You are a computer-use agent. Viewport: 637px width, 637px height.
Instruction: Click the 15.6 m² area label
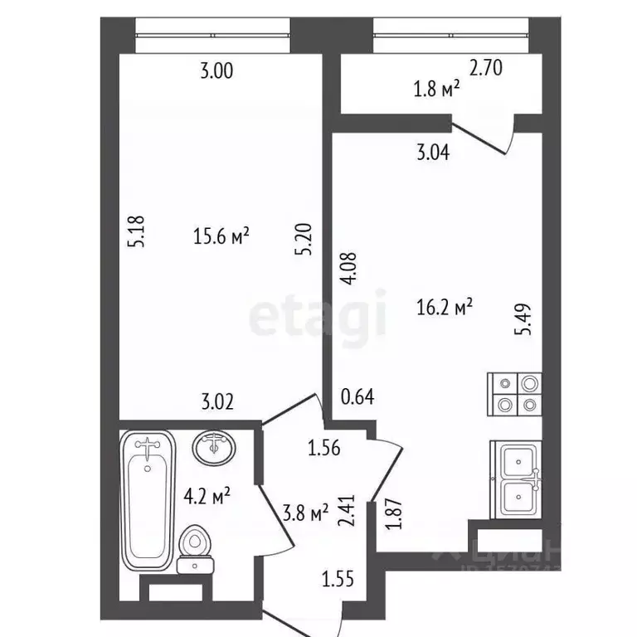(221, 237)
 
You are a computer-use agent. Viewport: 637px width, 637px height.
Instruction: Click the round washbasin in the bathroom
(216, 448)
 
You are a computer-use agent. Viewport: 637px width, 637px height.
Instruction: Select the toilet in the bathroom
(196, 550)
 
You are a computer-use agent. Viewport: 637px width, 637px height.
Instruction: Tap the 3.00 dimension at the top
(216, 71)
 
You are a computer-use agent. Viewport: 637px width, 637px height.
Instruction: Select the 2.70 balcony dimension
(487, 71)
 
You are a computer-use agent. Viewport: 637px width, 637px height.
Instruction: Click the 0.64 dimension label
(358, 396)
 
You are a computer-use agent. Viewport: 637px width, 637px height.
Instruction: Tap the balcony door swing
(489, 139)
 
